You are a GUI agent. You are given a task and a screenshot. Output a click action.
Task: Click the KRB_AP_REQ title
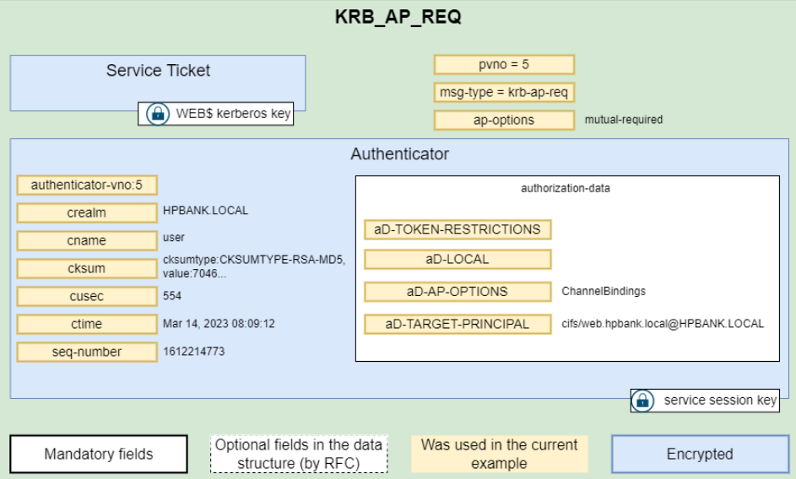398,17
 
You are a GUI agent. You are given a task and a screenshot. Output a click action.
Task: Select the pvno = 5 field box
504,64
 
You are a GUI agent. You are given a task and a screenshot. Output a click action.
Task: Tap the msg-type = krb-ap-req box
504,93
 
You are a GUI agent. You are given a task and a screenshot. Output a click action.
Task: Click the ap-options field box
504,121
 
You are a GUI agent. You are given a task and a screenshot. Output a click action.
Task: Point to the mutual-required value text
624,120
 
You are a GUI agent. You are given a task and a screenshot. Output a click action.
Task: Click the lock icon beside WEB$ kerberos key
158,114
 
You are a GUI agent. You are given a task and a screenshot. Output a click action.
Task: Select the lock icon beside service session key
642,401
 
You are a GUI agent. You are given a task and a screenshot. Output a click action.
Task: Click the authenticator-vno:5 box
87,186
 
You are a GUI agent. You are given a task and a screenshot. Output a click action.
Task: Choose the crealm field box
87,213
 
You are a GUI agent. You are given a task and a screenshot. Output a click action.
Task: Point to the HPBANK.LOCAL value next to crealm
206,211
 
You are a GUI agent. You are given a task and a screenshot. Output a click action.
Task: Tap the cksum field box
87,268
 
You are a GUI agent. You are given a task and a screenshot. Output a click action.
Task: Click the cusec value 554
172,296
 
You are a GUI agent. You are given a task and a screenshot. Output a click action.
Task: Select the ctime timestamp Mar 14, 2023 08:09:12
219,324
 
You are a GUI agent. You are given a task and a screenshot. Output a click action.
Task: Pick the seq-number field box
87,353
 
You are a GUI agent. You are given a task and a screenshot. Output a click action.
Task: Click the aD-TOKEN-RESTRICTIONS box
458,229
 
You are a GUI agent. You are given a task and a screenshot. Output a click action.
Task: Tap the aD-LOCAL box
458,259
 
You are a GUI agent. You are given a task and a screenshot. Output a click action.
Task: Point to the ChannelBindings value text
604,291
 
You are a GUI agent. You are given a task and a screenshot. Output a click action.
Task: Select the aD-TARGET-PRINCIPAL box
458,324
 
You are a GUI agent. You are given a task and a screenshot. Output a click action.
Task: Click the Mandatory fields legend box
99,455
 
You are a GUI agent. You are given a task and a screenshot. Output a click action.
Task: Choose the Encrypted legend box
700,455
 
